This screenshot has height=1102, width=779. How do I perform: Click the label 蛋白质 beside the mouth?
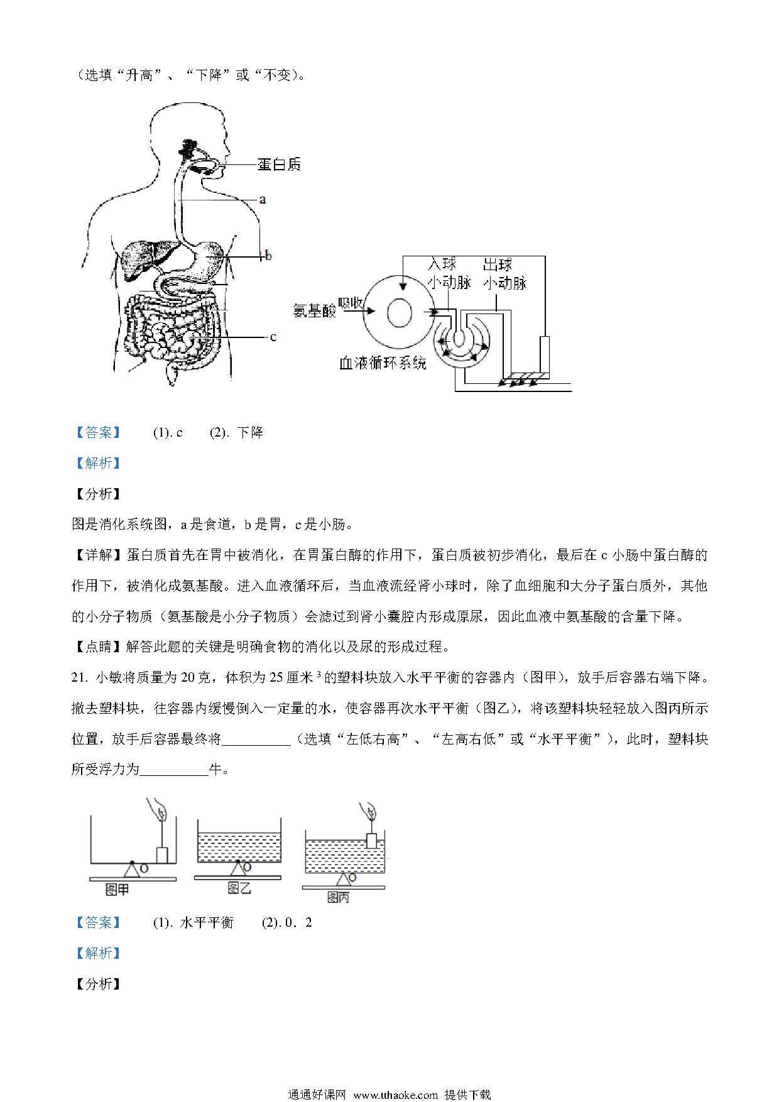point(279,165)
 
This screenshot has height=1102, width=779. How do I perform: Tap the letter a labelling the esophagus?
point(263,199)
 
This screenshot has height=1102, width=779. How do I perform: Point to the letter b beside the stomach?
point(268,256)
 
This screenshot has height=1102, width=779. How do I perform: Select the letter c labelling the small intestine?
point(273,337)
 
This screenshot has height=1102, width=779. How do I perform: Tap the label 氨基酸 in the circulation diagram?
point(315,310)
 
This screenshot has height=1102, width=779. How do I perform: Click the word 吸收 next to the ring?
point(351,303)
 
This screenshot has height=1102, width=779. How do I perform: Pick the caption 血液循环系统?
point(383,363)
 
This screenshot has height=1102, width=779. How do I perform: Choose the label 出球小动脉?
point(504,273)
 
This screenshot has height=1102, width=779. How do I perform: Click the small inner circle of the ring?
point(400,312)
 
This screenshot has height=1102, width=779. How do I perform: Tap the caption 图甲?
point(117,889)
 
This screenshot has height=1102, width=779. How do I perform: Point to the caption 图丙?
point(338,898)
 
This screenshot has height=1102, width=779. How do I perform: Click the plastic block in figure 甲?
point(162,855)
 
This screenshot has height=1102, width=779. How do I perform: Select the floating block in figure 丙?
point(371,841)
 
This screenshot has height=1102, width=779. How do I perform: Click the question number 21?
point(79,678)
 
